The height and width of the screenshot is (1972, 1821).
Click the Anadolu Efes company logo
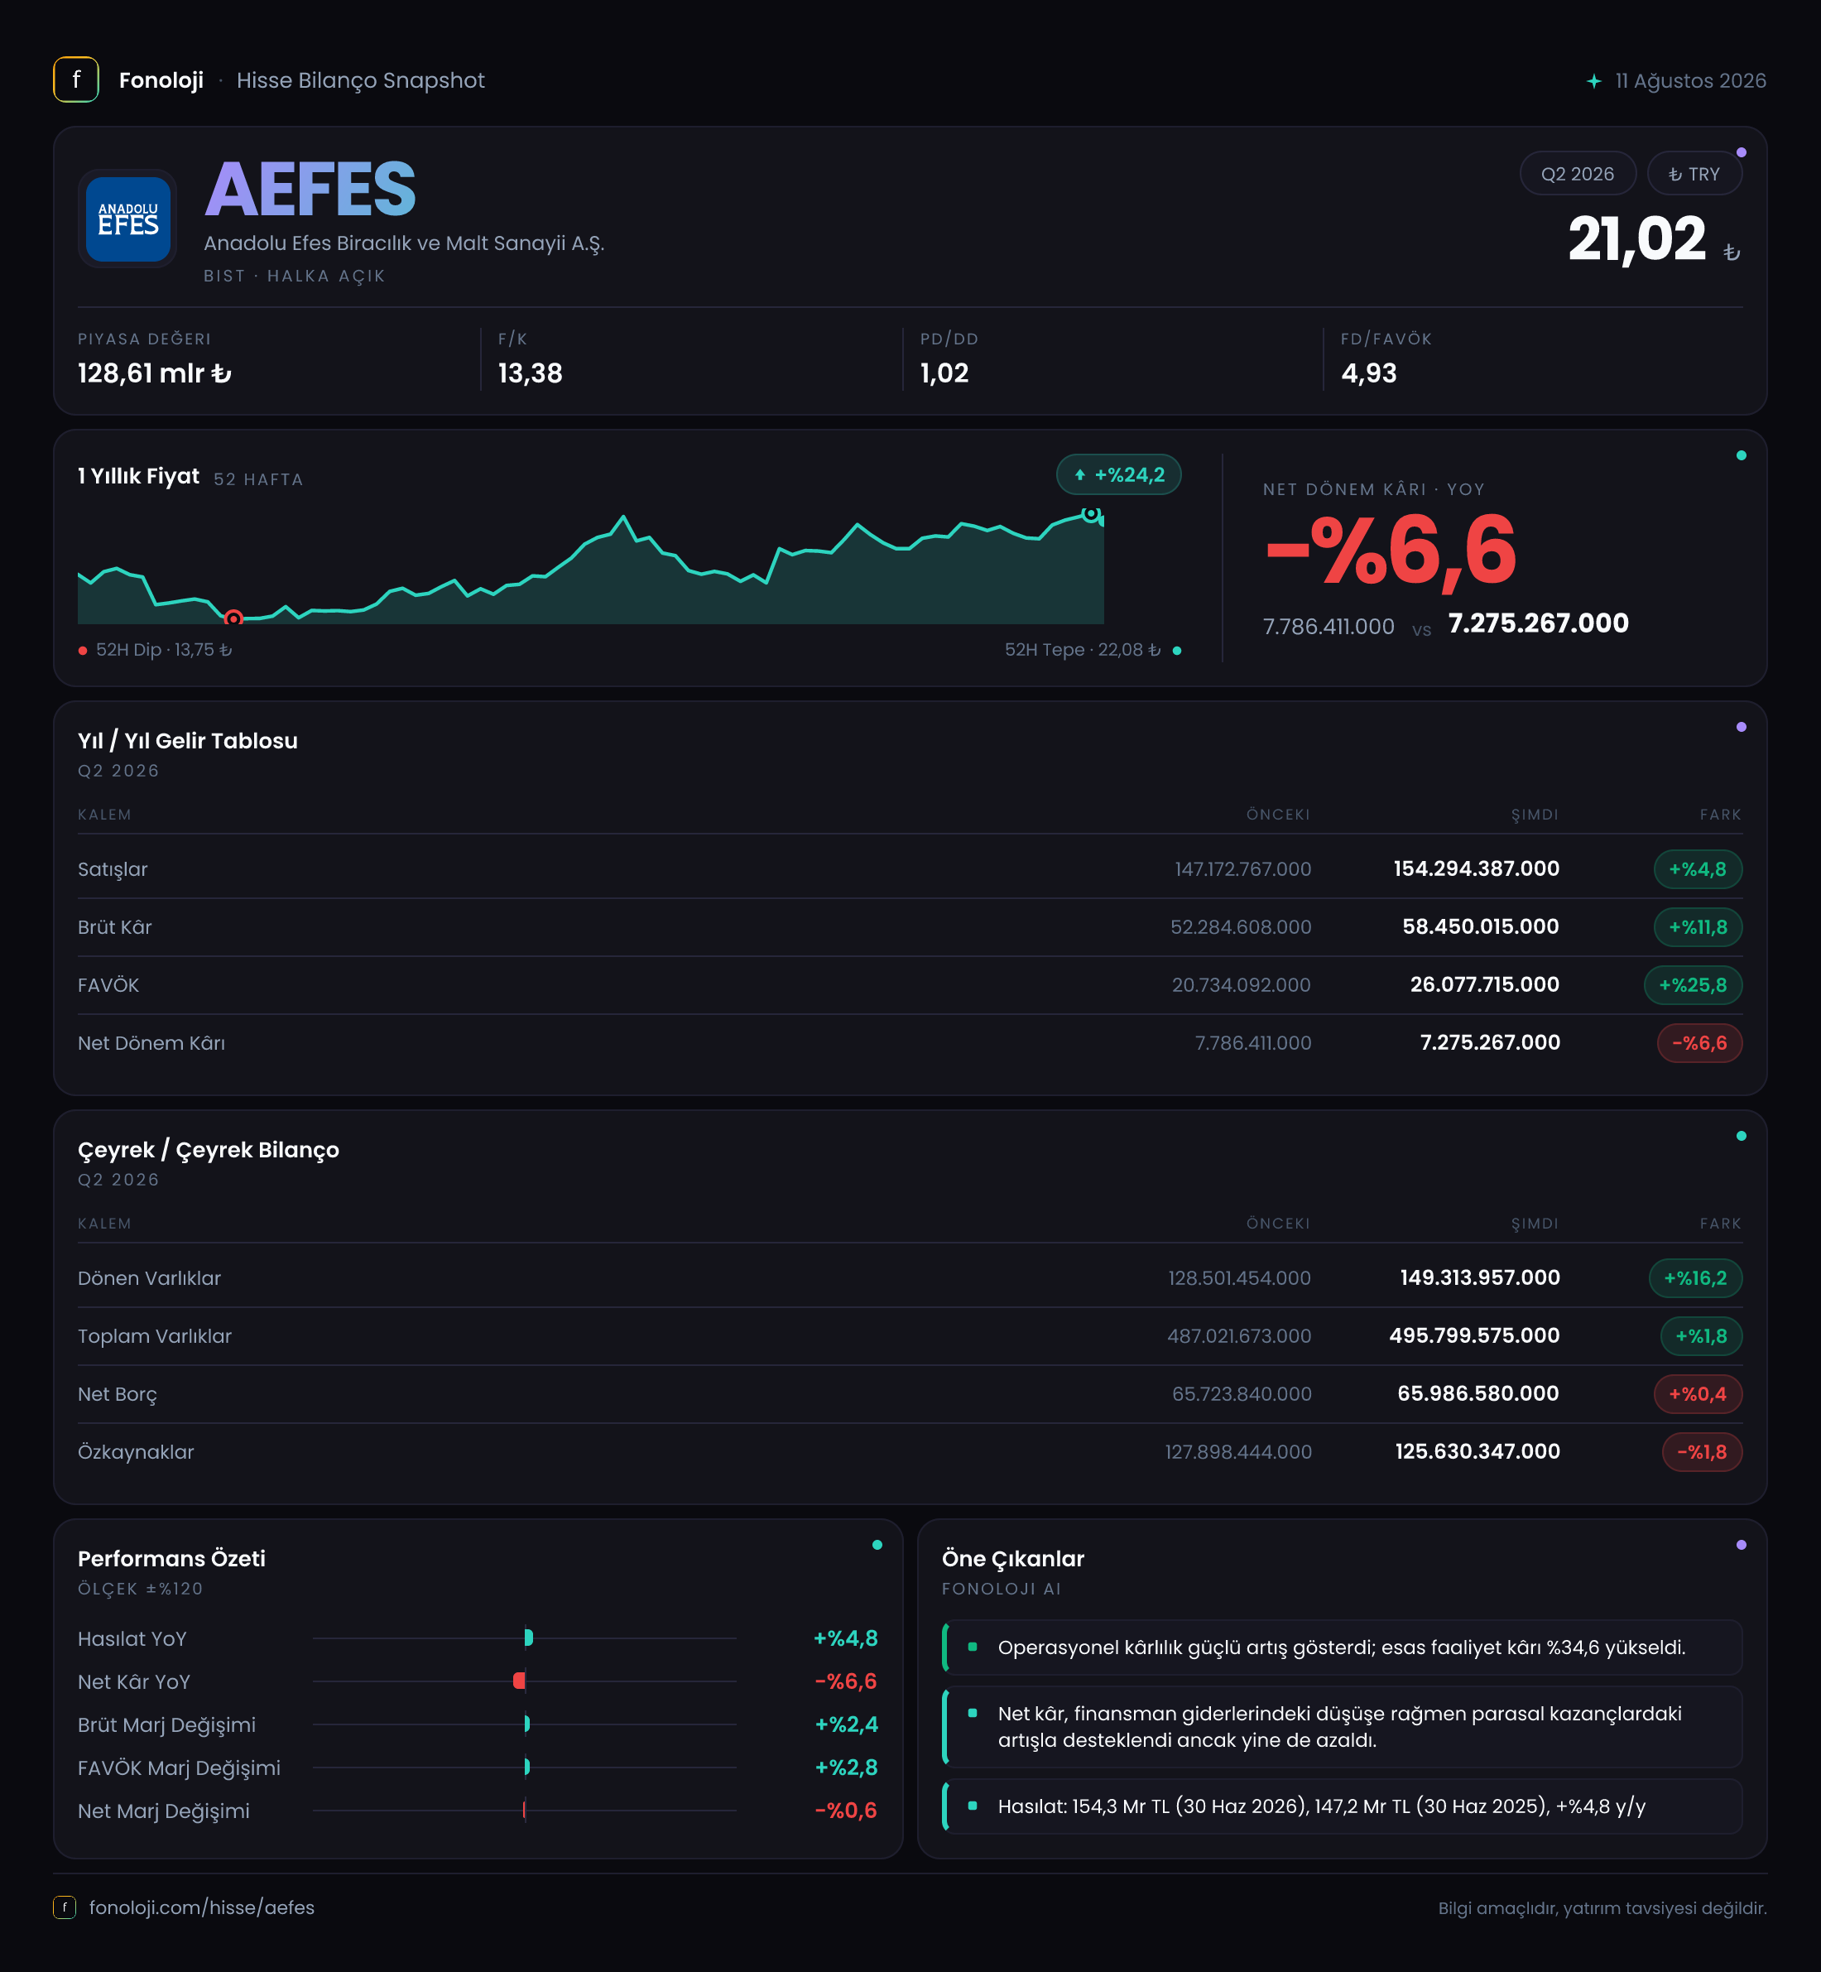(x=128, y=219)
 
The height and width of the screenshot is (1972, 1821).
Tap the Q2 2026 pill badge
(x=1577, y=175)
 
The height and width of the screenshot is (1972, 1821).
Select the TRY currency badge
(x=1694, y=175)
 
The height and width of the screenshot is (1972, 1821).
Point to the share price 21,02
(x=1636, y=239)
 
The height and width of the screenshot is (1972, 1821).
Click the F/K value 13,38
(x=530, y=373)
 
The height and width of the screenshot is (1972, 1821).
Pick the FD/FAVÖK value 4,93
(x=1369, y=373)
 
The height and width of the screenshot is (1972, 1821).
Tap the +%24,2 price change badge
(x=1118, y=475)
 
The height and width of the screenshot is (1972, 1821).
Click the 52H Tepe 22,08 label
(x=1082, y=649)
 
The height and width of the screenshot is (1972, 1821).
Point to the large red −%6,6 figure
(x=1391, y=551)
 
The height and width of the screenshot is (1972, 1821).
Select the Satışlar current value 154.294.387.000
(x=1476, y=869)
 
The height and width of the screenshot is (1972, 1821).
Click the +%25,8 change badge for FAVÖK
(x=1693, y=984)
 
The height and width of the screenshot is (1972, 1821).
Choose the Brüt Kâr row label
(x=115, y=927)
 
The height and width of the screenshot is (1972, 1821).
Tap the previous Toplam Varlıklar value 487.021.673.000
(x=1238, y=1336)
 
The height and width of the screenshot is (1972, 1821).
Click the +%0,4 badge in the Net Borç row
(x=1697, y=1393)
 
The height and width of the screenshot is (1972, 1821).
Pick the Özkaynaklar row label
(x=136, y=1451)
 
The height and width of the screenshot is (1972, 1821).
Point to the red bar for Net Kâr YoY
(x=519, y=1681)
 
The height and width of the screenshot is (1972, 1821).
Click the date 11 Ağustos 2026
(x=1690, y=81)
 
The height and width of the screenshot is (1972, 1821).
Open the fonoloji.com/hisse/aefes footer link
(x=202, y=1907)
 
